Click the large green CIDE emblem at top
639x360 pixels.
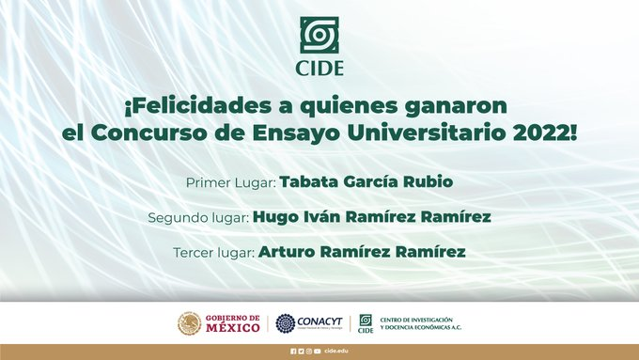(320, 36)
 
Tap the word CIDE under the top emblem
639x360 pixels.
(320, 68)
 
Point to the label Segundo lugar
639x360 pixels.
(198, 217)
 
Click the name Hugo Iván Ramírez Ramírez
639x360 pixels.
(372, 217)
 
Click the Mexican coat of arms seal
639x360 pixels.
(189, 322)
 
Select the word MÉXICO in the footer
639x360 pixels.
(231, 327)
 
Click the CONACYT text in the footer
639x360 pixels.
(320, 321)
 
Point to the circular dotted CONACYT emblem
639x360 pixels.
(284, 322)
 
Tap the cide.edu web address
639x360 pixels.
(337, 351)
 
